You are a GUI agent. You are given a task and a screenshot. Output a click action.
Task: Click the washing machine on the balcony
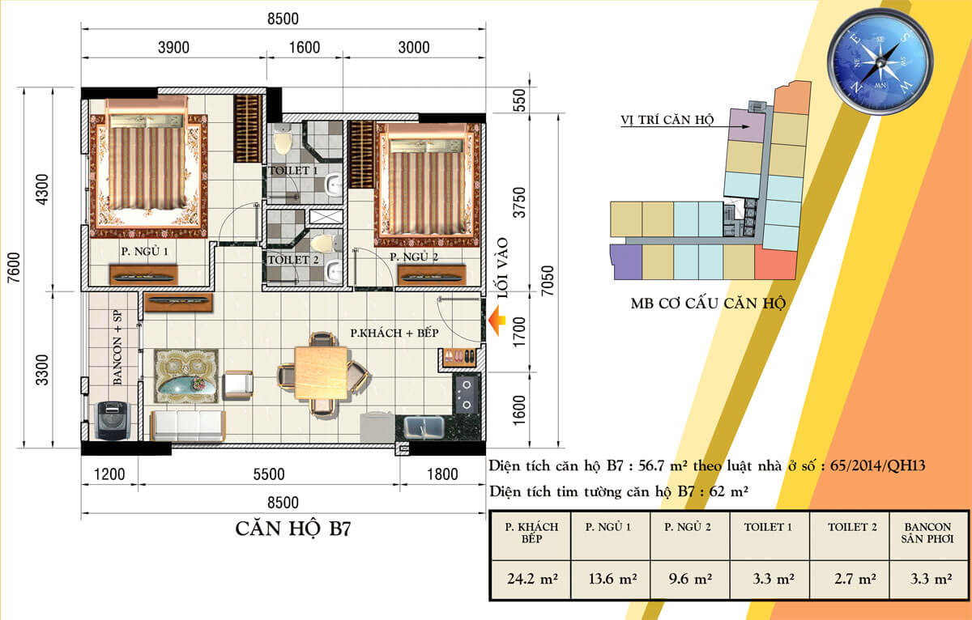(x=113, y=421)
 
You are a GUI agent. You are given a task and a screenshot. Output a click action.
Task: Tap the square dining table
(x=321, y=372)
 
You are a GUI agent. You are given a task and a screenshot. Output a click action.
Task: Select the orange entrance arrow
(x=497, y=320)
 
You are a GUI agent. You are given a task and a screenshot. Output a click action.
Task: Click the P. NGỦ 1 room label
(x=144, y=251)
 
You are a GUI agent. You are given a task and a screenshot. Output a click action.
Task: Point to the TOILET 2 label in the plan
(x=293, y=260)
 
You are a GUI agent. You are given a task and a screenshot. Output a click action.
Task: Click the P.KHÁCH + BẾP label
(x=394, y=333)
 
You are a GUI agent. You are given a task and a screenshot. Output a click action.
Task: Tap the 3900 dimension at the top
(x=173, y=47)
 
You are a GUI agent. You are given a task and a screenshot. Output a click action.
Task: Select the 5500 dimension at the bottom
(x=269, y=473)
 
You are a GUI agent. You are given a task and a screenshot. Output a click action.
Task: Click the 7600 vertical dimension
(x=15, y=268)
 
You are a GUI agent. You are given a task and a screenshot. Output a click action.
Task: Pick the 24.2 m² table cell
(x=532, y=579)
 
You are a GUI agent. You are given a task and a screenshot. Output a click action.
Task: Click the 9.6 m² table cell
(x=690, y=579)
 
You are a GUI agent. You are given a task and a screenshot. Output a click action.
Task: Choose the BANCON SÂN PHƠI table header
(x=927, y=533)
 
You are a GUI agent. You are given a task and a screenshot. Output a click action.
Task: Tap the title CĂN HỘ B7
(x=293, y=529)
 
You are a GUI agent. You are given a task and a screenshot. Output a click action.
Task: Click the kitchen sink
(x=424, y=428)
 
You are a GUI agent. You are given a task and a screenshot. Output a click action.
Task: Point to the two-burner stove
(x=467, y=394)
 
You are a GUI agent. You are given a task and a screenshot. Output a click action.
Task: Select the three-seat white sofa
(x=188, y=427)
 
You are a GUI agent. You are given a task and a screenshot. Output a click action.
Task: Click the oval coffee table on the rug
(x=187, y=390)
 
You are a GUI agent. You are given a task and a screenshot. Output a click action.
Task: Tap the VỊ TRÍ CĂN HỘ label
(x=667, y=120)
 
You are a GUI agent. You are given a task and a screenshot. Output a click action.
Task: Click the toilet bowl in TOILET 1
(x=283, y=138)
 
